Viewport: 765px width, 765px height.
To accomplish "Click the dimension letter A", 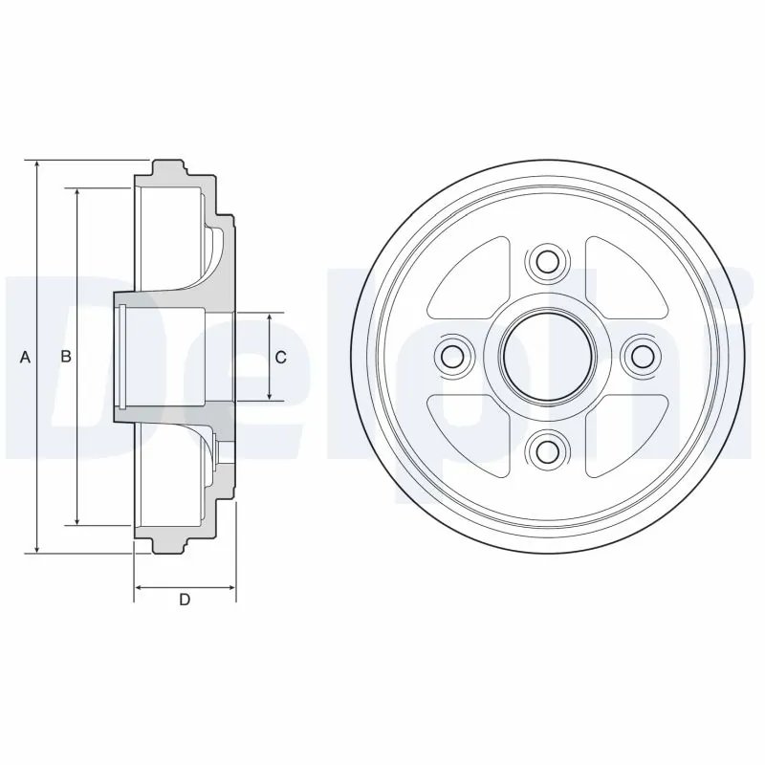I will point(26,357).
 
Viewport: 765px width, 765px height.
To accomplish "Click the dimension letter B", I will point(66,357).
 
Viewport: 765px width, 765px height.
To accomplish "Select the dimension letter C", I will point(280,357).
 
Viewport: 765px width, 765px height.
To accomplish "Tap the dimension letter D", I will point(186,600).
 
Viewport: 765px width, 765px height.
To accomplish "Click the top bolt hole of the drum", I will point(545,261).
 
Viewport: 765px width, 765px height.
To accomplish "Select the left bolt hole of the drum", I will point(451,356).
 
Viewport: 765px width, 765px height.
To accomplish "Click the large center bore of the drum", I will point(545,356).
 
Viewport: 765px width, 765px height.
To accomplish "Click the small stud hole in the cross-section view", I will point(227,448).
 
